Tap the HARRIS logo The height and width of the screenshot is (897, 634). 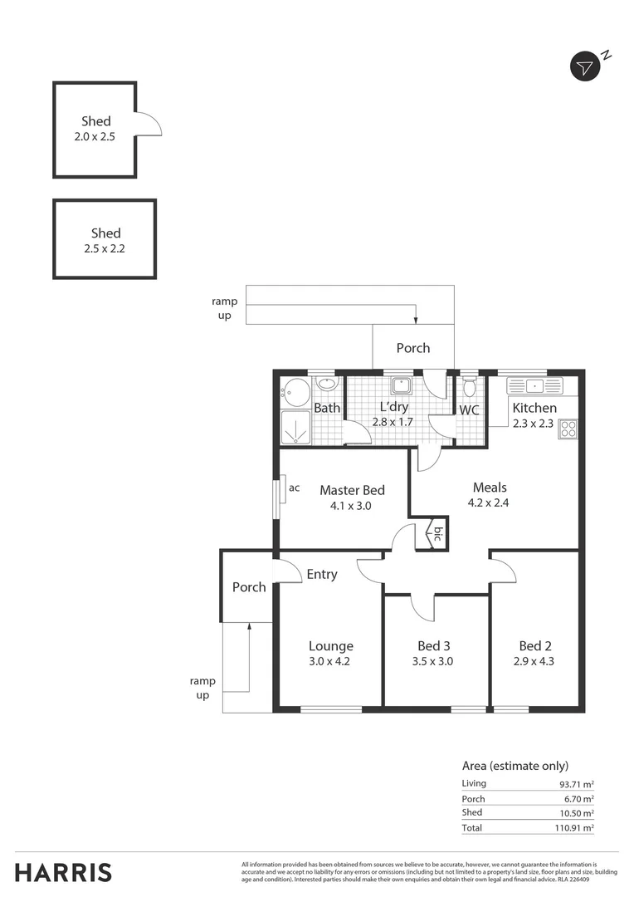pos(63,872)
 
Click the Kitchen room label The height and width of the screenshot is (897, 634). pos(534,408)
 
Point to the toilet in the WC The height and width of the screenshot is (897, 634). pos(470,386)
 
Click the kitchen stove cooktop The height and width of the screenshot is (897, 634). pos(568,429)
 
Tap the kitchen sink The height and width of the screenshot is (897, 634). pos(534,385)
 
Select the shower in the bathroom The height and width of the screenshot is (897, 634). pos(295,427)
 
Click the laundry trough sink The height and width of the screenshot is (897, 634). pos(401,385)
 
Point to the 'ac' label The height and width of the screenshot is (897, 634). pos(295,488)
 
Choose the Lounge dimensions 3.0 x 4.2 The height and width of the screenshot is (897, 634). pos(331,662)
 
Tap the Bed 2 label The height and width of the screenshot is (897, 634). pos(535,645)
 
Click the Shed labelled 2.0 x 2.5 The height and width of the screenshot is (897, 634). pos(95,129)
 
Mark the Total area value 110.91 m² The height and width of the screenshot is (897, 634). pos(577,828)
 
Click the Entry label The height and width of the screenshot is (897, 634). pos(322,574)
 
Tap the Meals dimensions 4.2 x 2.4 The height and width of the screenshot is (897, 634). pos(490,502)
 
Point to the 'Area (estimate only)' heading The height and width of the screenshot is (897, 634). pos(515,766)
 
